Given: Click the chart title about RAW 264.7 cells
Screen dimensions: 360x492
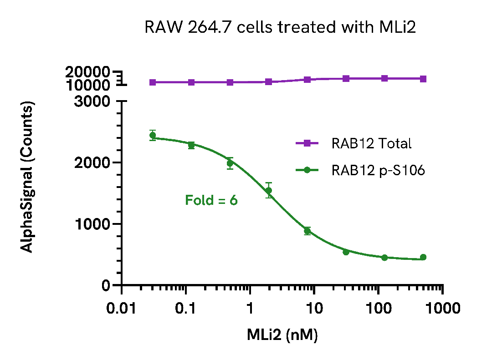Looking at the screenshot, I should (x=280, y=27).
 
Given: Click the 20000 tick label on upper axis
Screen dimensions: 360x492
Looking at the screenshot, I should (x=87, y=72).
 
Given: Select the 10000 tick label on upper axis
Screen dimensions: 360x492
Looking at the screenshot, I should (x=87, y=85).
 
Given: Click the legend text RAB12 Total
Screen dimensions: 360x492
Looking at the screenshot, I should (x=371, y=144).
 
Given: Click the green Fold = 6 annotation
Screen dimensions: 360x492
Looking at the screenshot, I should (x=211, y=200).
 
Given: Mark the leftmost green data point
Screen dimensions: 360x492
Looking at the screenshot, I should (x=153, y=136).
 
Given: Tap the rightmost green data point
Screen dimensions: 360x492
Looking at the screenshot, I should (x=423, y=257).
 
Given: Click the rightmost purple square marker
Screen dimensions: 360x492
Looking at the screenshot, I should (x=423, y=79).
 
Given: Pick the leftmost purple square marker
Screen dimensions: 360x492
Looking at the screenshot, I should (x=153, y=82).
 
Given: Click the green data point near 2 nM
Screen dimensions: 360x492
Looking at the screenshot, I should (x=269, y=190).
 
